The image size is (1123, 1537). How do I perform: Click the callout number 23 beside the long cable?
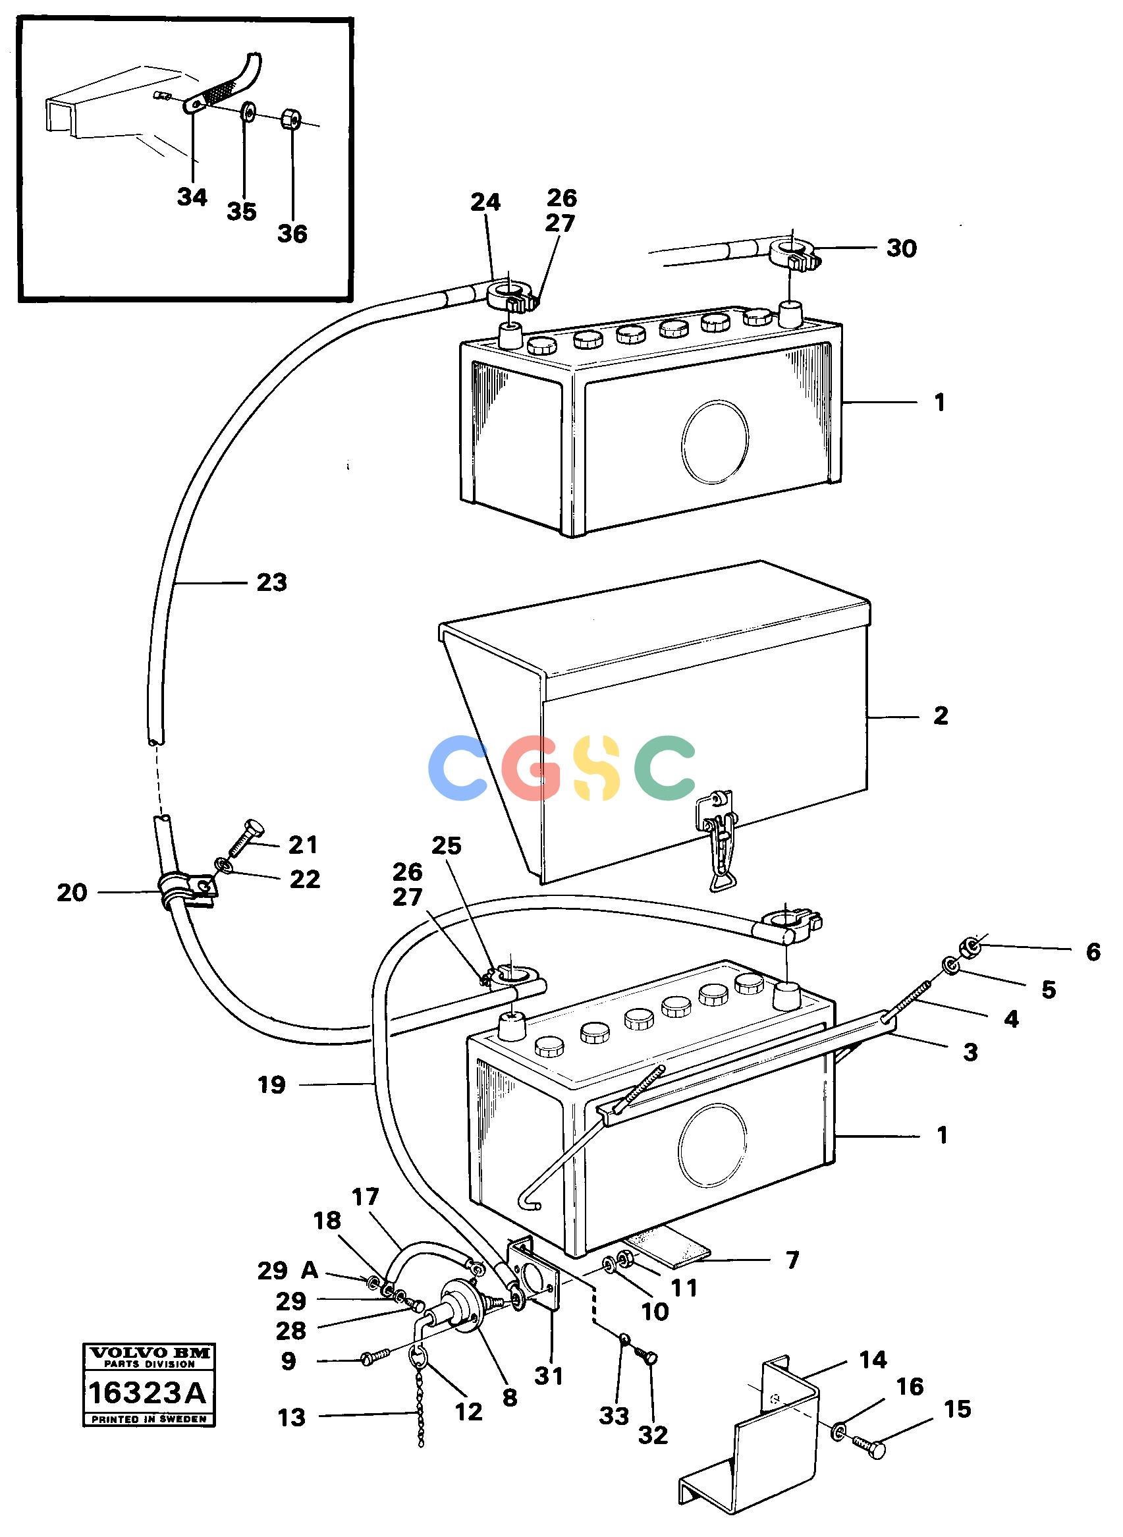tap(272, 582)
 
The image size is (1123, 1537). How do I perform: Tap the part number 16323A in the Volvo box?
tap(147, 1393)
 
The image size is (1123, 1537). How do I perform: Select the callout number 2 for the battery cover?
tap(941, 716)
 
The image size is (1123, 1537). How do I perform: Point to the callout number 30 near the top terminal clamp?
tap(902, 248)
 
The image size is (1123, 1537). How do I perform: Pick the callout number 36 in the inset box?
tap(292, 234)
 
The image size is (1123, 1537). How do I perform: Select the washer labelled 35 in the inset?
tap(248, 111)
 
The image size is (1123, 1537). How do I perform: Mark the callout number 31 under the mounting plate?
tap(549, 1376)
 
